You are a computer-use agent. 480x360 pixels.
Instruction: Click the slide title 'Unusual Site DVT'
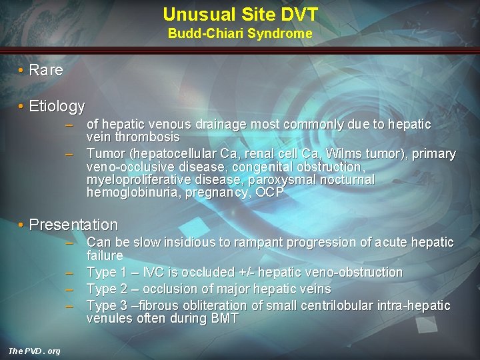(240, 14)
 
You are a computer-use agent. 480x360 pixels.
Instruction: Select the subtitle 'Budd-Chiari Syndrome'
(240, 33)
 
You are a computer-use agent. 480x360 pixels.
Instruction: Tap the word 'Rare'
(46, 70)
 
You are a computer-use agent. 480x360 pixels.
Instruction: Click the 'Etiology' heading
(57, 106)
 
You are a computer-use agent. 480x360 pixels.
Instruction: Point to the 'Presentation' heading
(73, 225)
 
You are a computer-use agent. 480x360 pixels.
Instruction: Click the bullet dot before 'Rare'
(21, 70)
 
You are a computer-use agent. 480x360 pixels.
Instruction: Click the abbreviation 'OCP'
(270, 193)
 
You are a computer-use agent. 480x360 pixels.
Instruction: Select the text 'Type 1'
(105, 272)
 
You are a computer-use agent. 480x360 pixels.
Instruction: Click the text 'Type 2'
(105, 289)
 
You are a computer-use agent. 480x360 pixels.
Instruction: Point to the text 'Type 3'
(105, 305)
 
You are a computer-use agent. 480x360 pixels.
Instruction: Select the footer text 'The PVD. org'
(34, 351)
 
